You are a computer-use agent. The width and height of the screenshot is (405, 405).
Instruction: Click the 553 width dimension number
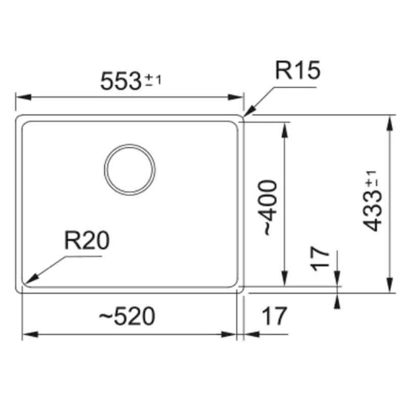click(120, 80)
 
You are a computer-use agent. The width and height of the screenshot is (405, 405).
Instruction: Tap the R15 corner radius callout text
click(298, 71)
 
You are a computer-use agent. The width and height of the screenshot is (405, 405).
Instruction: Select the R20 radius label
click(86, 242)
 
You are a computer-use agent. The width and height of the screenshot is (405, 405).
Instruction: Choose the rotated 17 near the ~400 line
click(320, 260)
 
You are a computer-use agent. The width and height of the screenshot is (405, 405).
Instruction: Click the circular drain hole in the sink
click(130, 169)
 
